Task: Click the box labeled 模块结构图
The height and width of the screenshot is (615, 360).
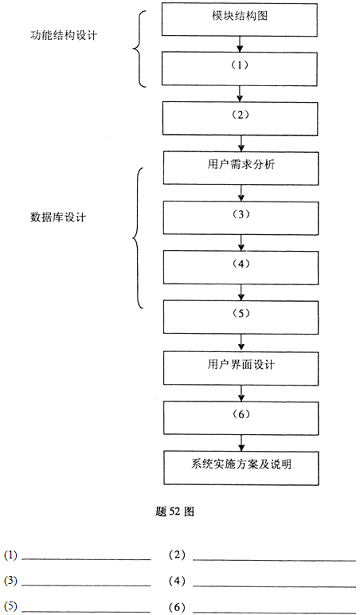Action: (x=240, y=20)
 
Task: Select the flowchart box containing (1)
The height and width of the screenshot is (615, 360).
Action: (x=240, y=69)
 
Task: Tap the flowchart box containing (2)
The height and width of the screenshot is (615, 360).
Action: (x=241, y=119)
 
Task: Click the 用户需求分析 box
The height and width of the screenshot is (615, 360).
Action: (x=241, y=168)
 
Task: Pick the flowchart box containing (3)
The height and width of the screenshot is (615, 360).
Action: (x=241, y=218)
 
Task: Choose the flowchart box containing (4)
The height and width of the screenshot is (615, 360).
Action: (x=241, y=268)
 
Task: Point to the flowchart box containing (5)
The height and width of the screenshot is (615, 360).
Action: (x=241, y=317)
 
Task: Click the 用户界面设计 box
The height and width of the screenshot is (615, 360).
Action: (x=241, y=367)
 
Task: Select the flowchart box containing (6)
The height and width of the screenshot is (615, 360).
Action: (x=241, y=417)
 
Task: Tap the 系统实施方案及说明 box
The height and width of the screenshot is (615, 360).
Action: (x=241, y=468)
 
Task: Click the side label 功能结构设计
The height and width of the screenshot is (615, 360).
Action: (x=64, y=35)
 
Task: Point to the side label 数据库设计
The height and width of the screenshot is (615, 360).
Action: (x=57, y=217)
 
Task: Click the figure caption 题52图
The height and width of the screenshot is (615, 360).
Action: (x=174, y=512)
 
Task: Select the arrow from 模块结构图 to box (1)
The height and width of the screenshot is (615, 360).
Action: (x=240, y=45)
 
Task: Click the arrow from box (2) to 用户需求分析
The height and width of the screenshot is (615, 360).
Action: (x=241, y=143)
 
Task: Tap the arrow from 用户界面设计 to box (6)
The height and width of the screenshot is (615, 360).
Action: (x=241, y=393)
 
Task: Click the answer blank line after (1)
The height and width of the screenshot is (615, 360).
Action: (x=86, y=559)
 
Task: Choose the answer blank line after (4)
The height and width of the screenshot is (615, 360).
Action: (x=274, y=586)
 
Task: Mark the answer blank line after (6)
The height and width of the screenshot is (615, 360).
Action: (x=274, y=612)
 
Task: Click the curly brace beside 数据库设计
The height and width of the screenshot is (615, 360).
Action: (x=134, y=237)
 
